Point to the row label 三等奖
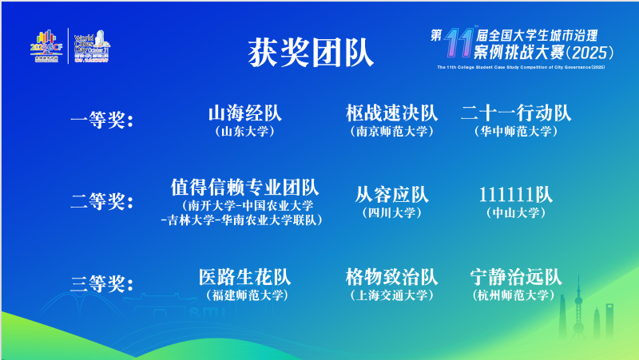(x=101, y=283)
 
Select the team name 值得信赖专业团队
(x=244, y=188)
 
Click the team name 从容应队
(x=391, y=195)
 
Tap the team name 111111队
(x=516, y=195)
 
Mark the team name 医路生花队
(x=244, y=277)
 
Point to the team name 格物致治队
(x=391, y=277)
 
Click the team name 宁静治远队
(x=516, y=277)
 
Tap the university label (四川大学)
(x=391, y=213)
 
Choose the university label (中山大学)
(x=516, y=213)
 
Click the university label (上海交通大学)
(x=391, y=295)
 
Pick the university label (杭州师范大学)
(x=516, y=295)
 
